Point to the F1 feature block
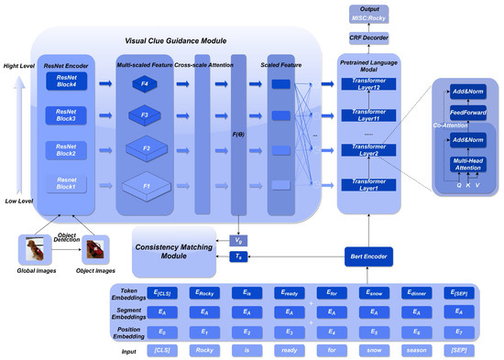[x=143, y=185]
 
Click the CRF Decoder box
[x=368, y=38]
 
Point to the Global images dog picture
[x=36, y=249]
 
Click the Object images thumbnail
[x=94, y=249]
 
